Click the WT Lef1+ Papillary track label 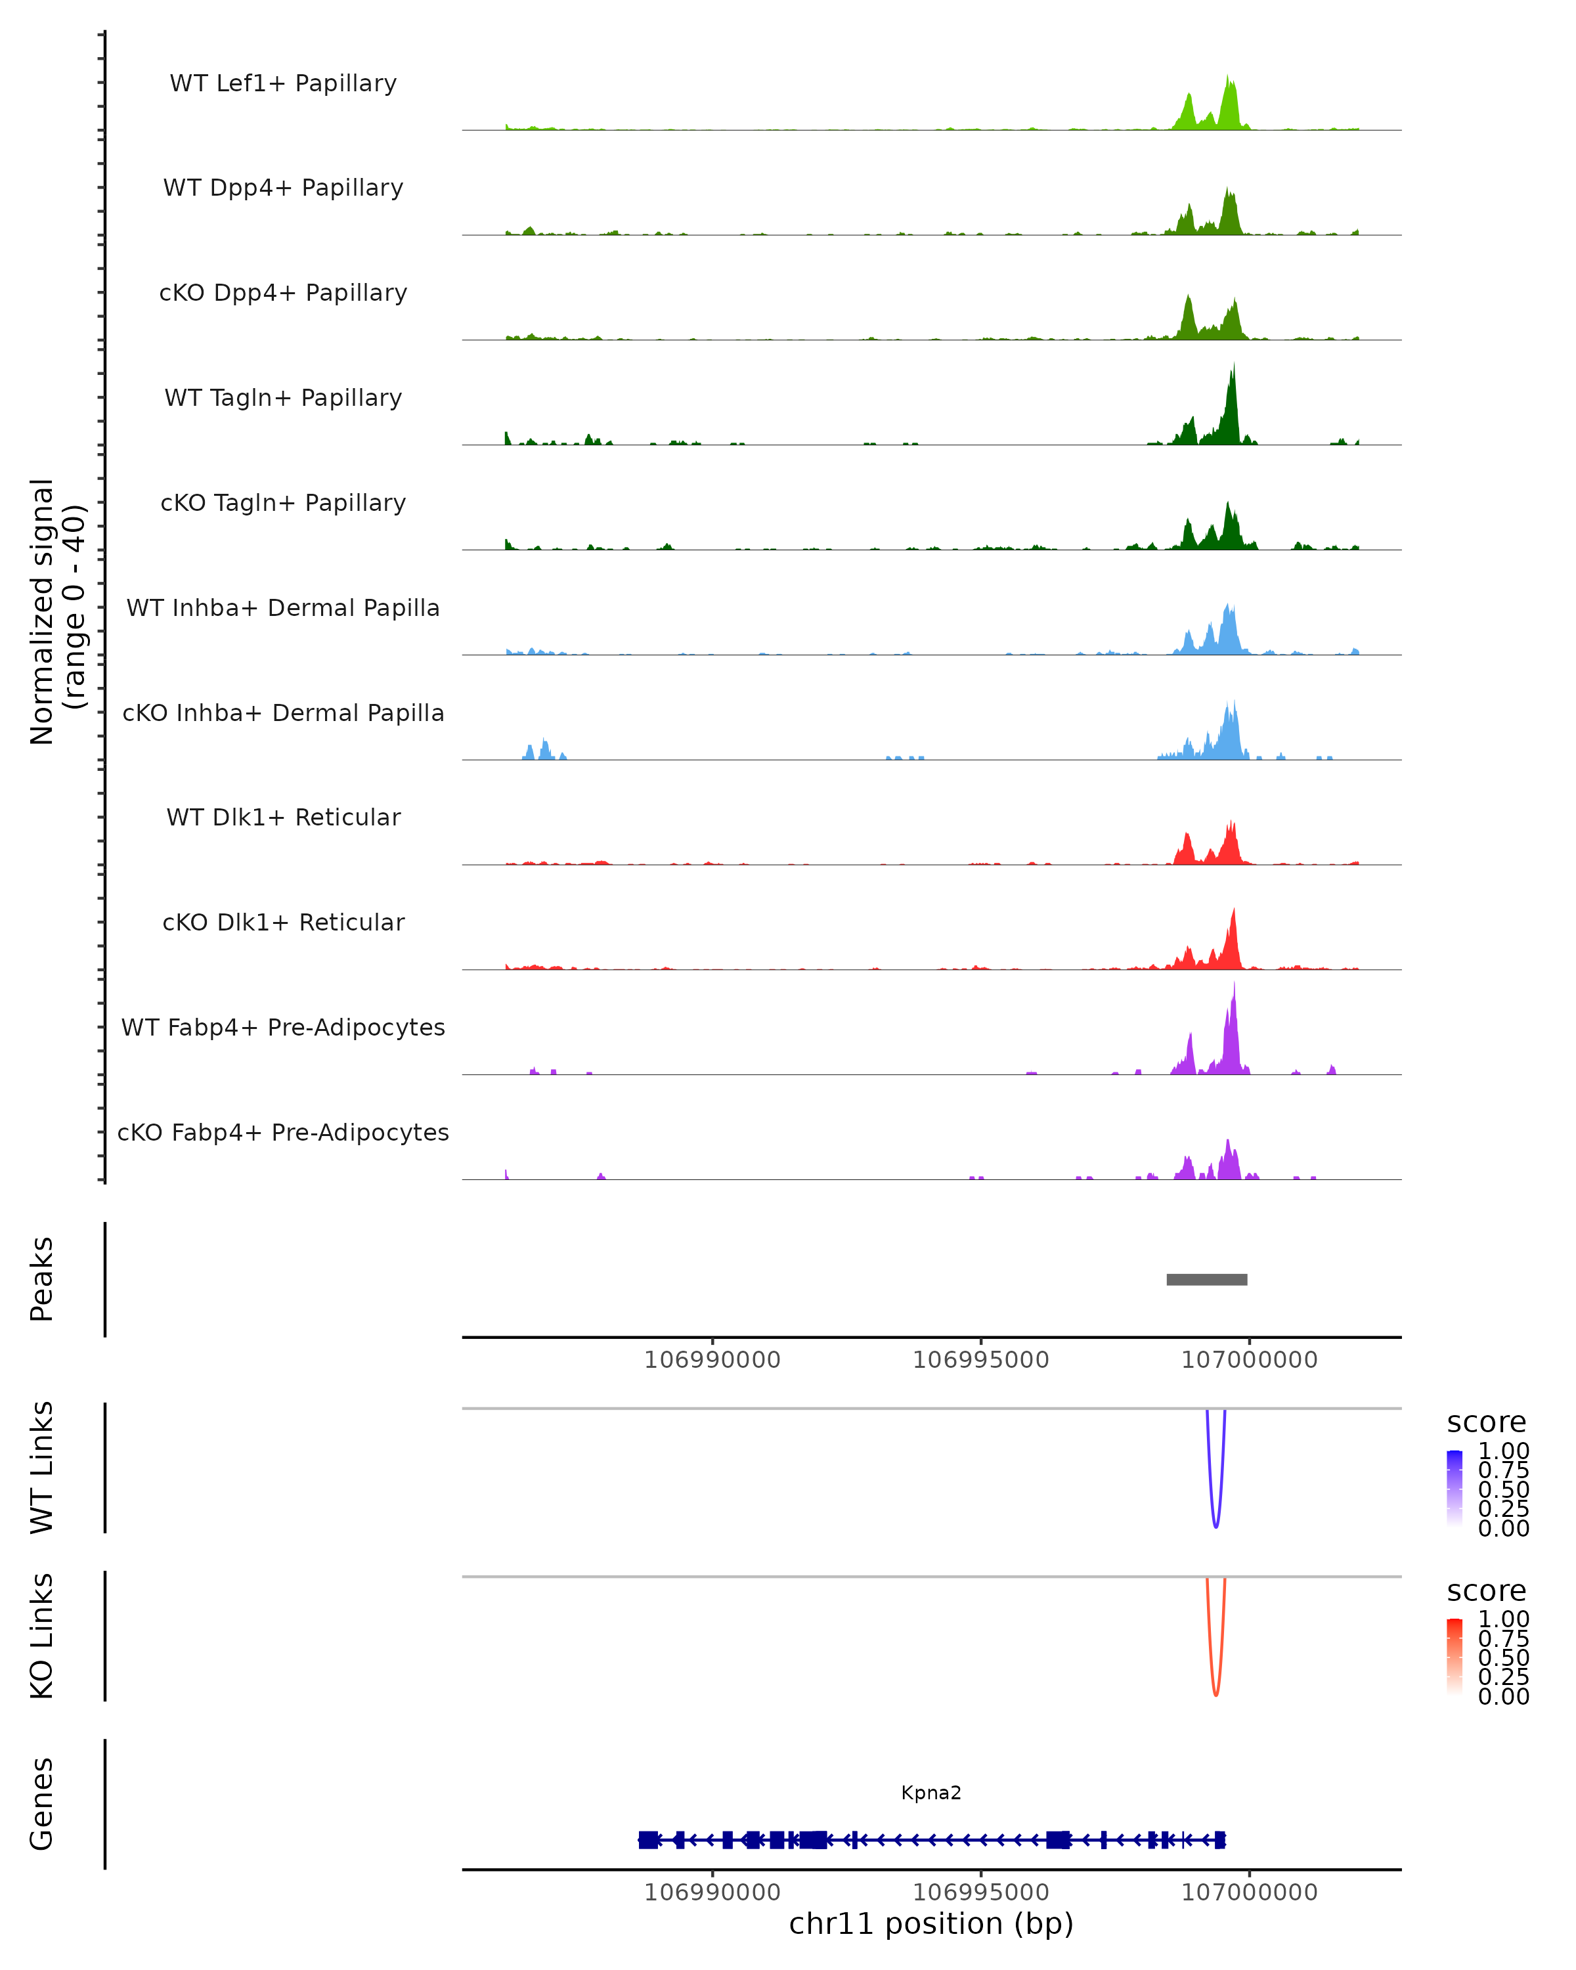click(283, 83)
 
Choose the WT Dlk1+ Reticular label click(283, 817)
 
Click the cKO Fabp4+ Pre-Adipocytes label click(283, 1132)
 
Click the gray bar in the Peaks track click(1206, 1279)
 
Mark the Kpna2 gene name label click(931, 1793)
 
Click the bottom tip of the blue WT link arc click(1215, 1526)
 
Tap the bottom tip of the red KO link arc click(1215, 1695)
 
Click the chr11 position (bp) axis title click(931, 1923)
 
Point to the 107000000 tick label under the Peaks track click(1249, 1360)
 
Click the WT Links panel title click(42, 1468)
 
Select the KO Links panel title click(42, 1636)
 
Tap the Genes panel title click(42, 1804)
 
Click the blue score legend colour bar click(1455, 1489)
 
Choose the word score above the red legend click(1487, 1591)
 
